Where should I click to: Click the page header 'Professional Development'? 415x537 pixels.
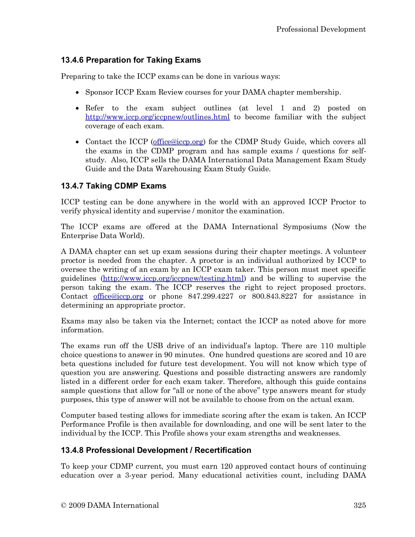coord(321,29)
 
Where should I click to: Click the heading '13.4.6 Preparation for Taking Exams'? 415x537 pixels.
coord(131,60)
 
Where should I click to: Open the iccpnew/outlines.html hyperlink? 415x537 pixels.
coord(158,117)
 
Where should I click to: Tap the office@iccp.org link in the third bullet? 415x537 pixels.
coord(178,142)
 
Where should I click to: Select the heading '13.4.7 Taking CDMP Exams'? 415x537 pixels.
coord(114,186)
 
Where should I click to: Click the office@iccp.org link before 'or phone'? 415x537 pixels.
coord(118,297)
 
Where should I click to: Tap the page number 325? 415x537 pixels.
coord(360,505)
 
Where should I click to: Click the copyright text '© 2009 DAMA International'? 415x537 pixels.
coord(110,505)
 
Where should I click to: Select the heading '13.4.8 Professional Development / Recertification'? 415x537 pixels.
coord(156,450)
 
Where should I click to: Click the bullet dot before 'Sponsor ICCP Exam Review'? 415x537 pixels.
coord(78,93)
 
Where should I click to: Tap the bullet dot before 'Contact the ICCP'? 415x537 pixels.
coord(78,142)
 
